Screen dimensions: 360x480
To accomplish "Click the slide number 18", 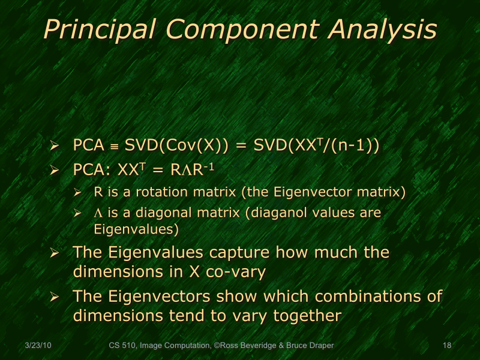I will [446, 346].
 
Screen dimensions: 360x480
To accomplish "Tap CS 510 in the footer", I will [122, 346].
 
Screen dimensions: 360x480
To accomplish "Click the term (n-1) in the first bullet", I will [358, 146].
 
